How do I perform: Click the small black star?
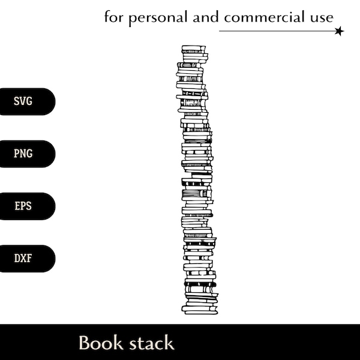[340, 31]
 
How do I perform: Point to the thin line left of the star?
[276, 31]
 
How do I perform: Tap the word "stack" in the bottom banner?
[151, 343]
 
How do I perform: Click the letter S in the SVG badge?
[17, 101]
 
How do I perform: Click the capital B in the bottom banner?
[85, 343]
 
